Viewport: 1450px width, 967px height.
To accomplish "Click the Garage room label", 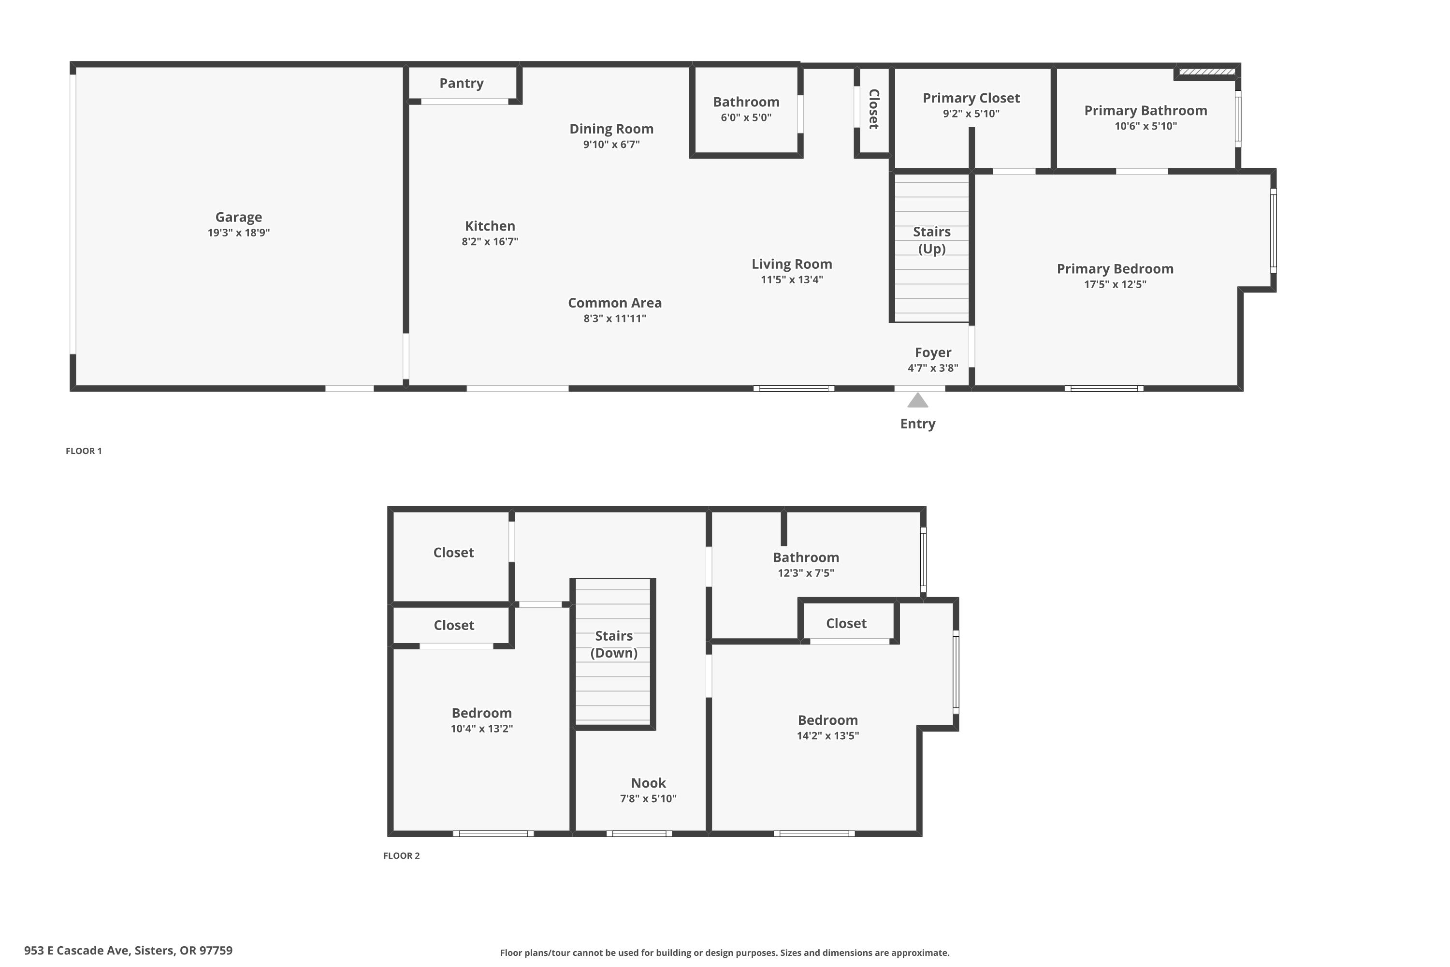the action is click(x=239, y=217).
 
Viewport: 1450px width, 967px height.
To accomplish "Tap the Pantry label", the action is click(x=461, y=83).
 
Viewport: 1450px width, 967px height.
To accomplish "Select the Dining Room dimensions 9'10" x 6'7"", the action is click(x=611, y=144).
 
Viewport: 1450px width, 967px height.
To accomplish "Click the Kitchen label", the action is click(x=490, y=226).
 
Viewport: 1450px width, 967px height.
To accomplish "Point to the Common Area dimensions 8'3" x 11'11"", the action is click(x=615, y=318).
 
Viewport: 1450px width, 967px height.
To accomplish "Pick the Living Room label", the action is click(x=792, y=264).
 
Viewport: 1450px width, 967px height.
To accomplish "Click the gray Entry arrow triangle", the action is click(x=918, y=400).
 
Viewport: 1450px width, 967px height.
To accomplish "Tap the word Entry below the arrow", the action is click(x=918, y=424).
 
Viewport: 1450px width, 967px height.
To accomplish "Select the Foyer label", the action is click(x=933, y=352).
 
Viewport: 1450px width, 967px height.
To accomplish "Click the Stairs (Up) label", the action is click(x=931, y=240).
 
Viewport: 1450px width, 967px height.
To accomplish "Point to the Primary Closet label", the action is click(x=971, y=98).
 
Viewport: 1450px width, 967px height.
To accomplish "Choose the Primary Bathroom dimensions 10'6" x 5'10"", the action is click(x=1145, y=126).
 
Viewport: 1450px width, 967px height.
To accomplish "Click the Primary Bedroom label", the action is click(x=1115, y=269).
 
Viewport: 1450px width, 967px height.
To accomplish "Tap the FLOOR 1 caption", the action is click(x=84, y=451).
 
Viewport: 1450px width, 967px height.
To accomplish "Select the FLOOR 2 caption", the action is click(x=401, y=855).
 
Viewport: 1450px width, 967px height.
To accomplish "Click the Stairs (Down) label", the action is click(x=614, y=644).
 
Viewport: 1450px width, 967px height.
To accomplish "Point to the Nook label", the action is click(x=648, y=783).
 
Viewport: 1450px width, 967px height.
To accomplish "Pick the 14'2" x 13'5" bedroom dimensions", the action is click(x=827, y=735).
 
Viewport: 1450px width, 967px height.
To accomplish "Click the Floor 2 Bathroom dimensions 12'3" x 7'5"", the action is click(x=806, y=572).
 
